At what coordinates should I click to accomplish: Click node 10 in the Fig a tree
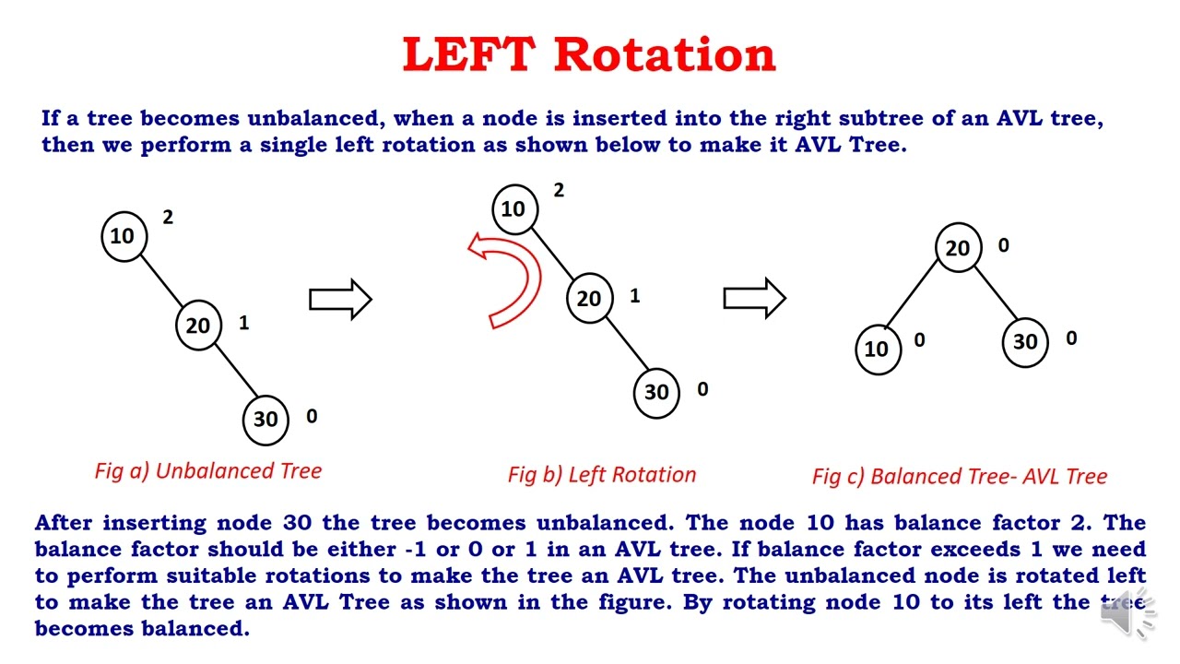[123, 236]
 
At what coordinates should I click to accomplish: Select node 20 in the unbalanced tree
[198, 325]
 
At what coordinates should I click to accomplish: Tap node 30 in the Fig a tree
[265, 419]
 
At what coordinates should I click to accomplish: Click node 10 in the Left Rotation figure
[513, 208]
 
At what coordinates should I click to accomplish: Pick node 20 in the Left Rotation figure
[589, 298]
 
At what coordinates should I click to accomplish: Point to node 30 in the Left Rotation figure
[656, 392]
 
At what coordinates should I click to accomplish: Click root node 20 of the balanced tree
[958, 248]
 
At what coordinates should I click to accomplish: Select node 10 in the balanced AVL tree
[877, 348]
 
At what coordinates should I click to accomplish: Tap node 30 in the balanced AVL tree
[1025, 342]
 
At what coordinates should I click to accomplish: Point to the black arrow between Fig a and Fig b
[340, 299]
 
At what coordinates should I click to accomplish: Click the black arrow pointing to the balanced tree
[754, 297]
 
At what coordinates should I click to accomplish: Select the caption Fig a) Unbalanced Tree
[208, 470]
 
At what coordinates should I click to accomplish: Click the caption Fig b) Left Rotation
[602, 475]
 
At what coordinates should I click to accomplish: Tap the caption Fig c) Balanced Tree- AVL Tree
[960, 476]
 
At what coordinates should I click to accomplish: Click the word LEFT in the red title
[468, 54]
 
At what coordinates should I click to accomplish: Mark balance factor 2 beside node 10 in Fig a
[168, 217]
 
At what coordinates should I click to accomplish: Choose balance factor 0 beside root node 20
[1003, 245]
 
